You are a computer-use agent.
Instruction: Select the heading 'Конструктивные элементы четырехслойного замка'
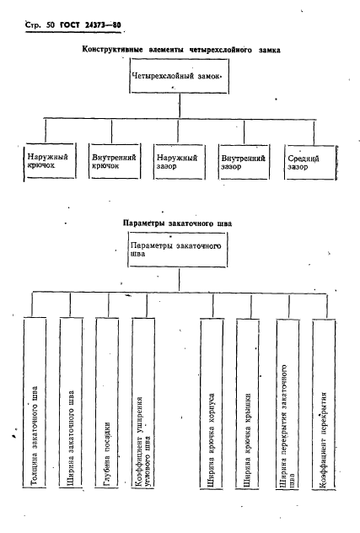pyautogui.click(x=180, y=50)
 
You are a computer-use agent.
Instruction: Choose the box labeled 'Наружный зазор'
pyautogui.click(x=177, y=162)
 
